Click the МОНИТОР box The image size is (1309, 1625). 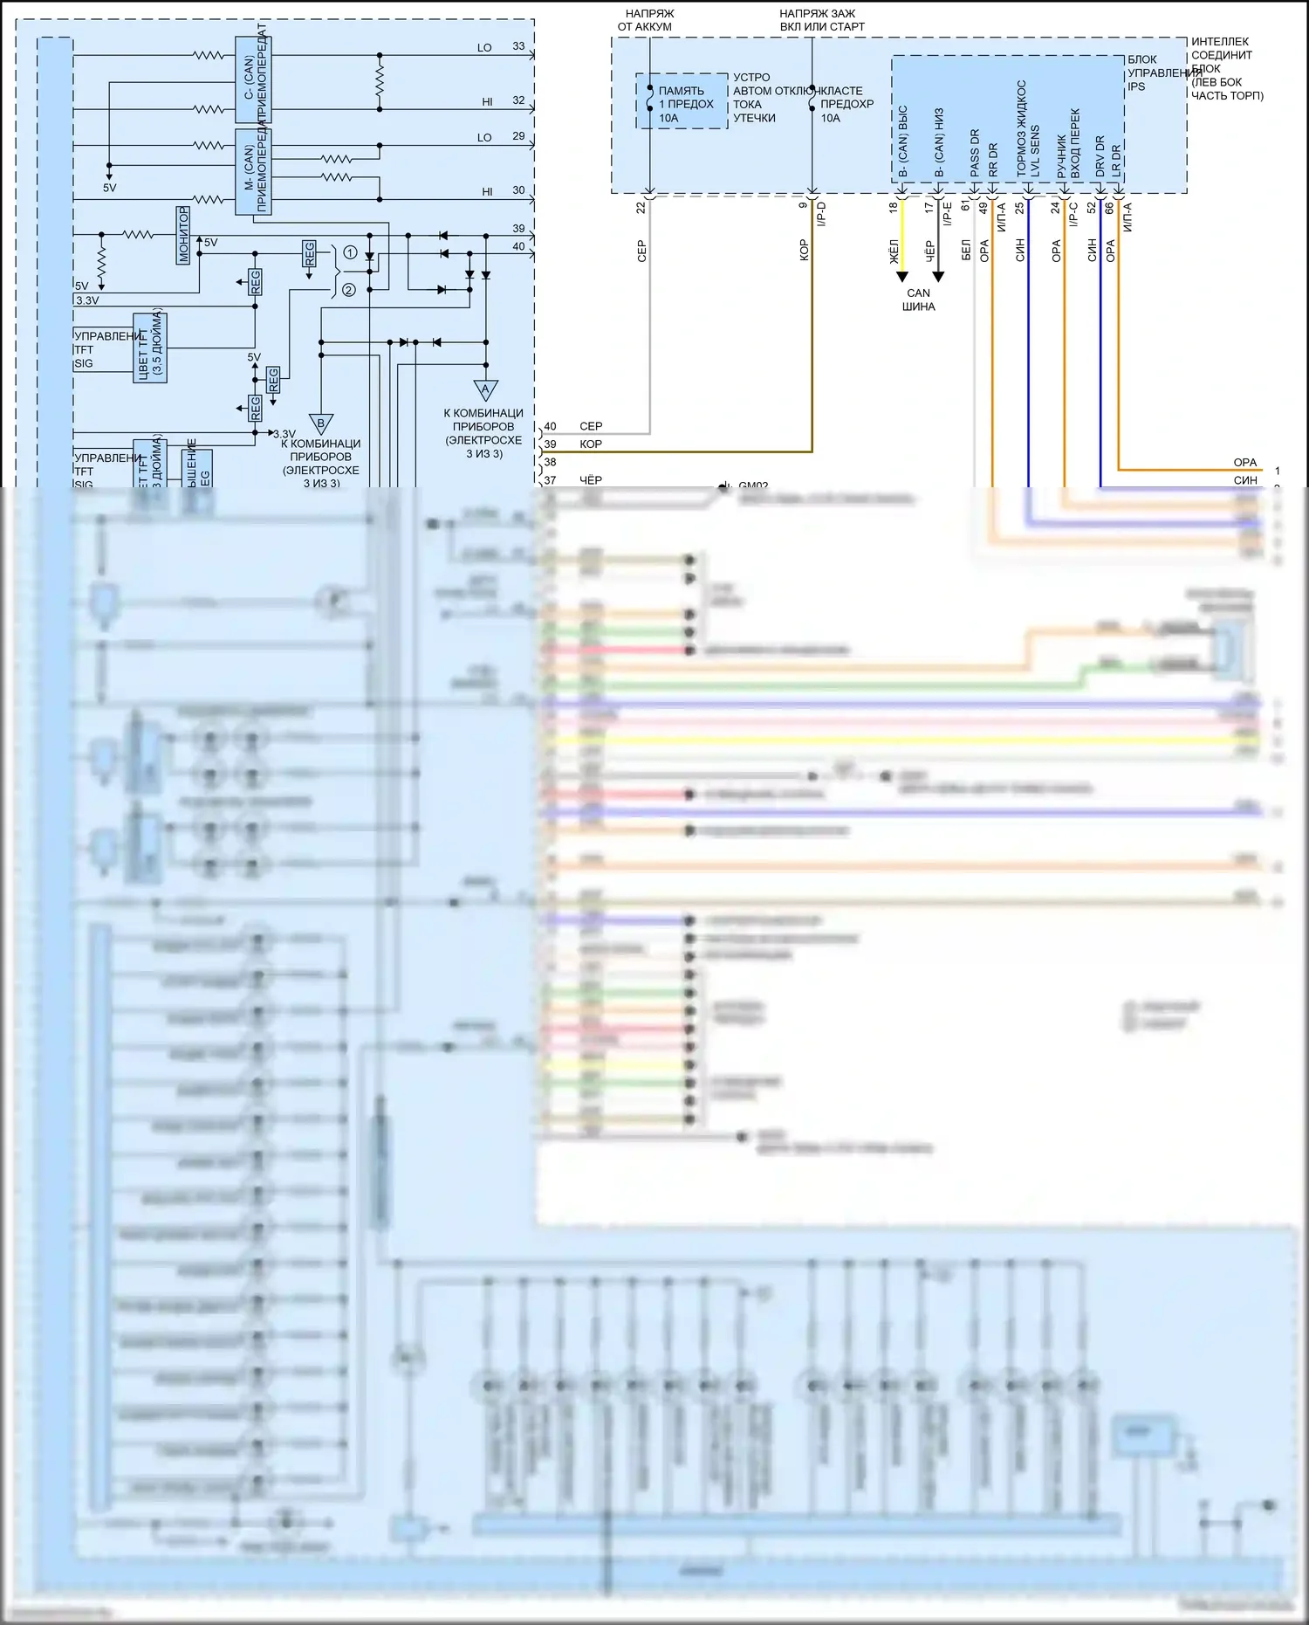click(183, 235)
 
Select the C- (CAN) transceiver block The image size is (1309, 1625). click(253, 80)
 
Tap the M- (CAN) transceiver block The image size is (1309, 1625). click(253, 172)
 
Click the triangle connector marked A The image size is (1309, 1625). click(485, 389)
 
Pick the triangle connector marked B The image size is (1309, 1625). click(321, 423)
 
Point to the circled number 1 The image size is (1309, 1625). click(350, 252)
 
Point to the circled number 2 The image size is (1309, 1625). click(349, 290)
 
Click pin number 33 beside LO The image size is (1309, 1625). click(518, 46)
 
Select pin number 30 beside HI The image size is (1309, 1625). click(518, 190)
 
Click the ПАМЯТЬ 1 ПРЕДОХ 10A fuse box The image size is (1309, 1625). click(682, 102)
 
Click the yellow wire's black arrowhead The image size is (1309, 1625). click(902, 278)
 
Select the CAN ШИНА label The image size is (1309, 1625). click(918, 300)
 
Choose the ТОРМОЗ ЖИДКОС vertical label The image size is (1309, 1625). click(1022, 129)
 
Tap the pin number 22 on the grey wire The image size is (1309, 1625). click(641, 208)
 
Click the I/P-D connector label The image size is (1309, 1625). click(821, 215)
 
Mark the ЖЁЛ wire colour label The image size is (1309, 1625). click(893, 251)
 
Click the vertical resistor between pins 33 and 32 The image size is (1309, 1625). click(380, 82)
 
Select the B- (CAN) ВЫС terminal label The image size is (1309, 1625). click(903, 141)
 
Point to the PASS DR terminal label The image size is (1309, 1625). click(975, 153)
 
